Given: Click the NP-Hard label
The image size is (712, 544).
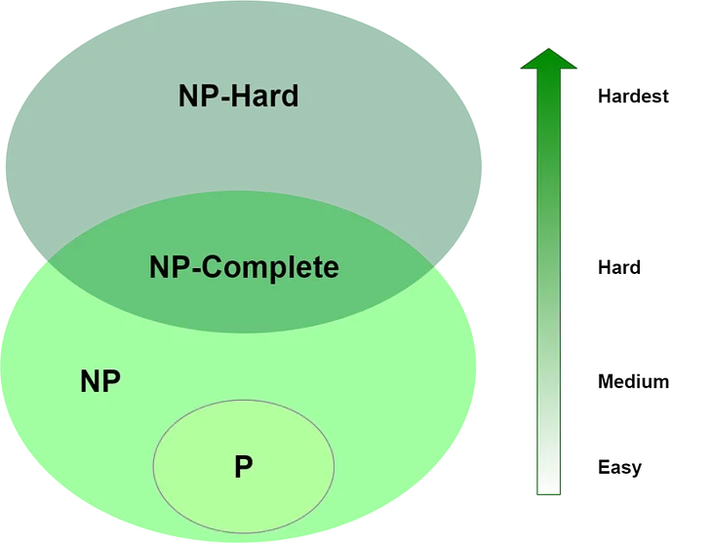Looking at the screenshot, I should click(x=238, y=96).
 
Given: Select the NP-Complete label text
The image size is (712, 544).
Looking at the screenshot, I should click(x=244, y=266).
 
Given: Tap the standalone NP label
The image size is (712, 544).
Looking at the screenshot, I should click(x=99, y=381).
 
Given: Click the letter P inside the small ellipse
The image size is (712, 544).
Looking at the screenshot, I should click(x=243, y=467).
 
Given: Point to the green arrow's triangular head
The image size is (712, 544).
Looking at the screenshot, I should click(x=549, y=60).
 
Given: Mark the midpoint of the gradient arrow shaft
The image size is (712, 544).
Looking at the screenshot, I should click(x=549, y=283).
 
